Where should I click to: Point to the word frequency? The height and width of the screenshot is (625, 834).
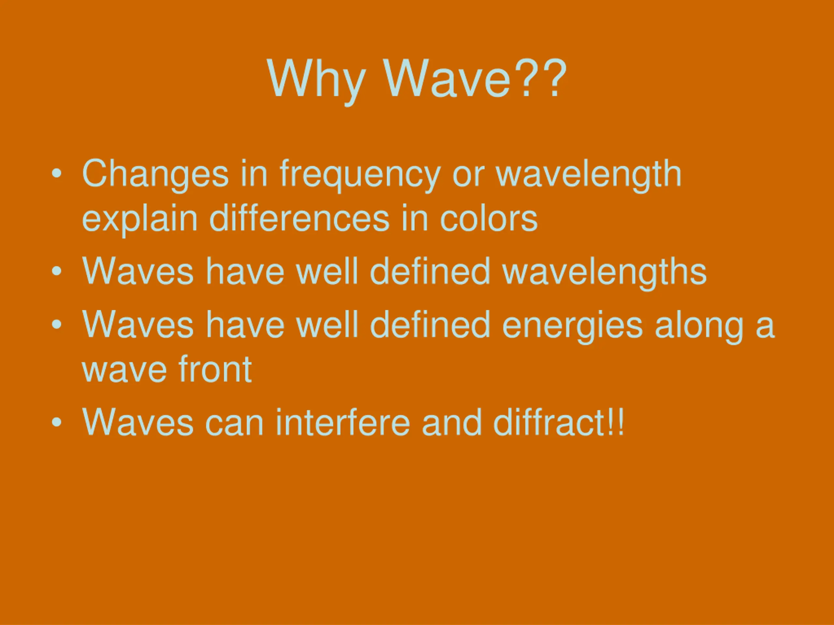click(360, 175)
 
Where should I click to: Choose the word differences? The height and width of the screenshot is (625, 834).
click(299, 218)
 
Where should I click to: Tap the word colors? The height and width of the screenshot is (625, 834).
click(489, 218)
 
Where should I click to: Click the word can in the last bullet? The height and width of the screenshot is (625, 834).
click(234, 424)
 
